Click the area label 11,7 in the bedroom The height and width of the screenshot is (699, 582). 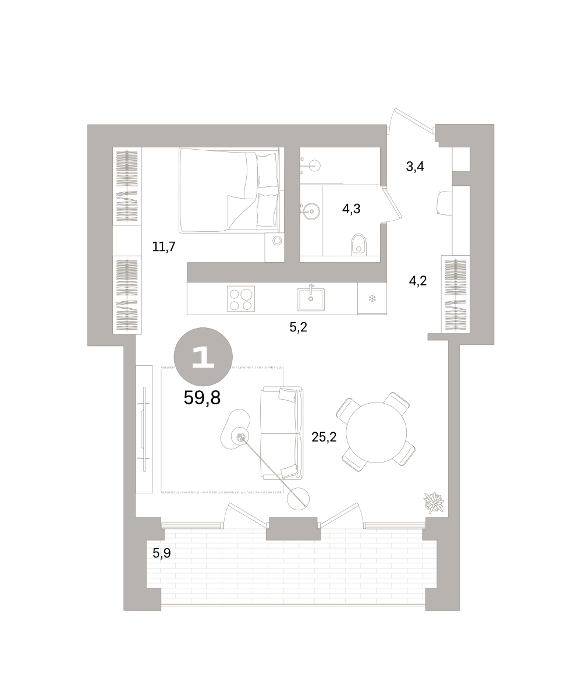tap(164, 247)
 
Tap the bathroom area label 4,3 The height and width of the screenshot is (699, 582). tap(351, 209)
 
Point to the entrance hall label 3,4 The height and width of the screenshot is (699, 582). tap(415, 166)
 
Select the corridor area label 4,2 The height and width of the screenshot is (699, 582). tap(418, 281)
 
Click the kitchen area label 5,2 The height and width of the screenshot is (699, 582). tap(299, 327)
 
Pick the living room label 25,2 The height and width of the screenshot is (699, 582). tap(324, 437)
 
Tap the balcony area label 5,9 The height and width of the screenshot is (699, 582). tap(162, 553)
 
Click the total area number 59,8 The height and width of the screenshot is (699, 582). tap(202, 398)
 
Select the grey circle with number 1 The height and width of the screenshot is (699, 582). tap(203, 356)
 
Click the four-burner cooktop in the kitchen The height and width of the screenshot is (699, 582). tap(241, 299)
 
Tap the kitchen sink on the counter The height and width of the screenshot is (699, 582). tap(311, 299)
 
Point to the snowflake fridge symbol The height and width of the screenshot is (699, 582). tap(372, 299)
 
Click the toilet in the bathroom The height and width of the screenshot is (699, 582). tap(359, 245)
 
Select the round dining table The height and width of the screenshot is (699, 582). tap(377, 432)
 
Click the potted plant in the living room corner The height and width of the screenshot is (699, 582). tap(434, 502)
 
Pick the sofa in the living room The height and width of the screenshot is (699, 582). tap(282, 433)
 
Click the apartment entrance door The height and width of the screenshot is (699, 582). tap(411, 121)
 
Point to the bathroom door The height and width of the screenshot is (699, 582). tap(392, 203)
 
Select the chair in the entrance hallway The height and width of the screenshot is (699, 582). tap(445, 202)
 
